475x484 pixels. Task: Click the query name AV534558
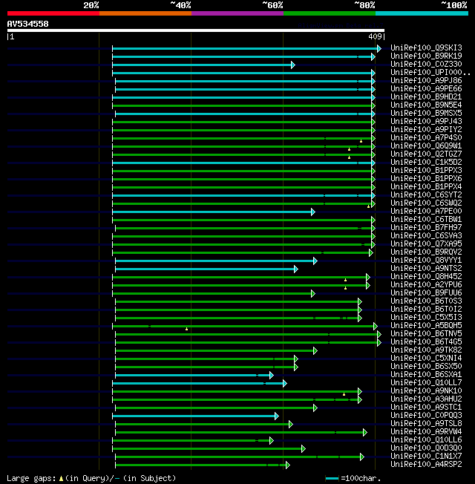coord(28,24)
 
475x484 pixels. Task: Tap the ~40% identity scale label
coord(180,5)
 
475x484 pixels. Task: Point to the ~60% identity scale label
coord(272,5)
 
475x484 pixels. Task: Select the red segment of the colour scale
coord(53,13)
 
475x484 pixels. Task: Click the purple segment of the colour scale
coord(237,13)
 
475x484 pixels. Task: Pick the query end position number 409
coord(375,36)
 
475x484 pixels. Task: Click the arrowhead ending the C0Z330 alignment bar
coord(293,65)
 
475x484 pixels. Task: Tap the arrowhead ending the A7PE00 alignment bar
coord(313,212)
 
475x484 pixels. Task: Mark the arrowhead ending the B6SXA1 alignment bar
coord(272,376)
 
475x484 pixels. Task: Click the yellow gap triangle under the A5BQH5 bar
coord(186,329)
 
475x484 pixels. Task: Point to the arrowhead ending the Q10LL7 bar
coord(284,384)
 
